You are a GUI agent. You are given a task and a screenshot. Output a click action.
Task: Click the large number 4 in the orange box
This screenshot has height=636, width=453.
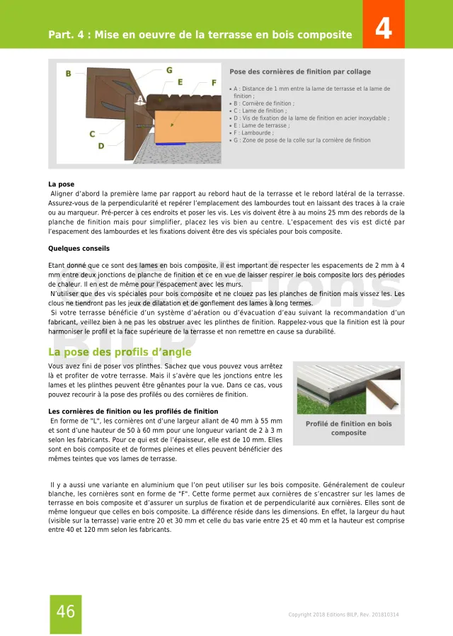384,29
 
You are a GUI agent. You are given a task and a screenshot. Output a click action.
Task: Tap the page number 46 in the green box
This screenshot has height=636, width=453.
66,612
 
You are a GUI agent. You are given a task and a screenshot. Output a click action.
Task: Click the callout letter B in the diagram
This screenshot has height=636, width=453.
69,74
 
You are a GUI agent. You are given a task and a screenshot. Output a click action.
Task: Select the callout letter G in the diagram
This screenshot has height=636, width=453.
169,70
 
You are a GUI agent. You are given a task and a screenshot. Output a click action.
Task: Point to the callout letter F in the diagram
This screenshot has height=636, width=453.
214,82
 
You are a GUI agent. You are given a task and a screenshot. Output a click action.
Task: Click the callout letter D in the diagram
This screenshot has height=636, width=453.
101,146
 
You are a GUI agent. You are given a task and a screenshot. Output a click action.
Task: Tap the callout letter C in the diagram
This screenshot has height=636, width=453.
92,133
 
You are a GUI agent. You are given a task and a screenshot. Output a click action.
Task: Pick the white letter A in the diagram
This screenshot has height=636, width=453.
140,98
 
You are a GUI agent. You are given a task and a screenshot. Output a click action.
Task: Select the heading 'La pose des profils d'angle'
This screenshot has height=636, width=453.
120,352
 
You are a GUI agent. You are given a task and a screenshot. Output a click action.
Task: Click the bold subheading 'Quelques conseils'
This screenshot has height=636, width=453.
79,249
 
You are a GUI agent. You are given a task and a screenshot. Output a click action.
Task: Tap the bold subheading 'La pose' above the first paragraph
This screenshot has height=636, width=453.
61,184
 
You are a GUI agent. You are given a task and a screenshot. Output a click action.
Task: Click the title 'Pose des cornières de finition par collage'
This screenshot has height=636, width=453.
300,72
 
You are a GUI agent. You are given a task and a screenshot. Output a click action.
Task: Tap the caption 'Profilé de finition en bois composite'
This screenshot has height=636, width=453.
348,428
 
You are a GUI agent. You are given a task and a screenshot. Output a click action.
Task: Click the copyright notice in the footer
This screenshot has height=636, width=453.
343,614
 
